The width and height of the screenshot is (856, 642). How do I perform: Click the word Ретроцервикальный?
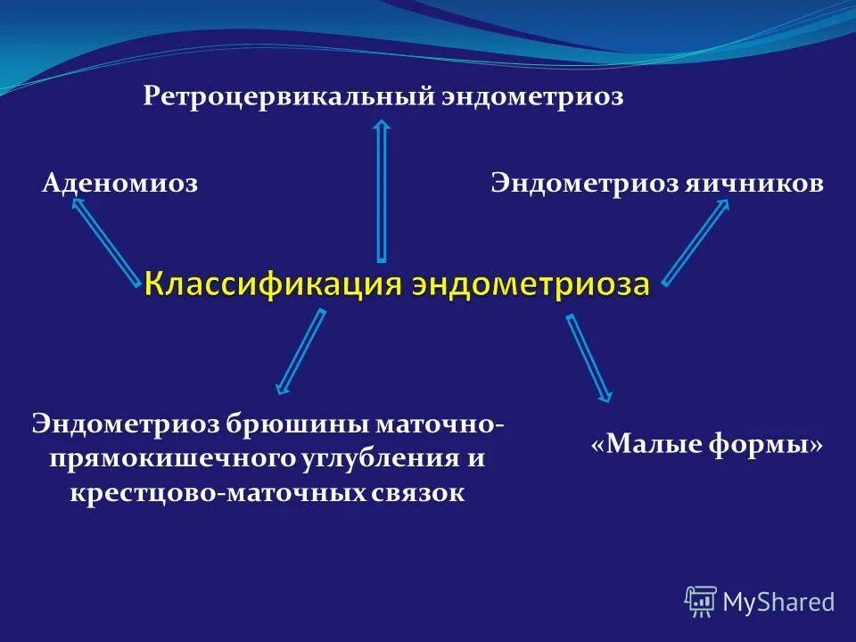[288, 96]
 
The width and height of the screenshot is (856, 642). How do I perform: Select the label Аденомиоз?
[119, 184]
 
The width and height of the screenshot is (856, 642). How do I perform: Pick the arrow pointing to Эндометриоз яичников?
[695, 242]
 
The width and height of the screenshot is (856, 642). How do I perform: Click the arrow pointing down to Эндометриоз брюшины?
[300, 350]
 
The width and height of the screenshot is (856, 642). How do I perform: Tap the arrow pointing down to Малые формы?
[589, 357]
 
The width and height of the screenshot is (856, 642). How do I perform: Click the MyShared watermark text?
[778, 603]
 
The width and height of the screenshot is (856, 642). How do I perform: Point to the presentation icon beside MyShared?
[701, 602]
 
